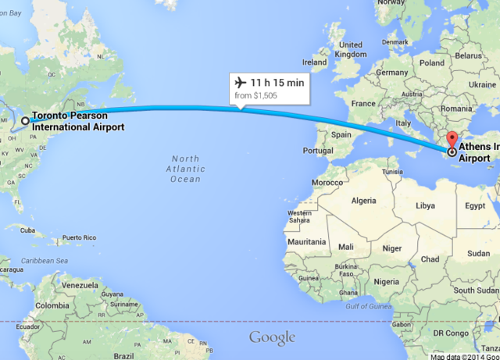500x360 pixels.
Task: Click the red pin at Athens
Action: [x=452, y=141]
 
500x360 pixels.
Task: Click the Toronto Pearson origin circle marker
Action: [x=25, y=120]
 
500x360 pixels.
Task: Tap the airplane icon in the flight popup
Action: [x=239, y=83]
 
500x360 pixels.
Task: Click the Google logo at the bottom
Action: [x=272, y=337]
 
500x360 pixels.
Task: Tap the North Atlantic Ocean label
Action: [x=186, y=169]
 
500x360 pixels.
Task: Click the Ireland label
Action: [x=314, y=62]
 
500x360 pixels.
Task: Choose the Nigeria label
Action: [x=387, y=280]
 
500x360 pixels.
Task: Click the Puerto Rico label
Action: [x=79, y=237]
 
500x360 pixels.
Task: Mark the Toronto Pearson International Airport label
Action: [x=77, y=121]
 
